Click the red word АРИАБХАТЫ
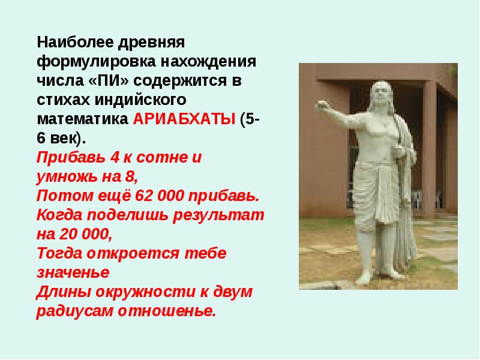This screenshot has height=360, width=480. tap(184, 119)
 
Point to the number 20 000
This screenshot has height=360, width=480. tap(85, 234)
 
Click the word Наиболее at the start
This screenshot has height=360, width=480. tap(76, 42)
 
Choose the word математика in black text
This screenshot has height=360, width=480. tap(82, 119)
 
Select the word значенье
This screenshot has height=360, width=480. tap(73, 272)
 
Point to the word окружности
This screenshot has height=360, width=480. tap(145, 292)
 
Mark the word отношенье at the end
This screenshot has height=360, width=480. tap(167, 311)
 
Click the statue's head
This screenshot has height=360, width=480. tap(381, 94)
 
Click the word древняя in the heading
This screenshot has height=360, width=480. tap(151, 43)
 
